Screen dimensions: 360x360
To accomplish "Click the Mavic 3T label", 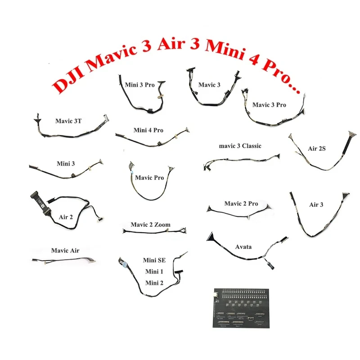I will tap(68, 121).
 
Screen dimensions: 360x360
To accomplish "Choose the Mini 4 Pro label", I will tap(148, 130).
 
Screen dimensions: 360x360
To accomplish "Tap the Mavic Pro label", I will tap(149, 178).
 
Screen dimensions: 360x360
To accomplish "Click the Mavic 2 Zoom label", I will tap(150, 225).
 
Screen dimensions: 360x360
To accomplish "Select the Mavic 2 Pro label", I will tap(241, 204).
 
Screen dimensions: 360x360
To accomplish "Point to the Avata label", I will tap(243, 247).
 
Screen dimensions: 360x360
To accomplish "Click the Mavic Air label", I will tap(65, 251).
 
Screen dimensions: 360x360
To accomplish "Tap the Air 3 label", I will tap(316, 205).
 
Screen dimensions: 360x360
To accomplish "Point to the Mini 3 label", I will tap(66, 163).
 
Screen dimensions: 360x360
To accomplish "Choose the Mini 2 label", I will tap(153, 283).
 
